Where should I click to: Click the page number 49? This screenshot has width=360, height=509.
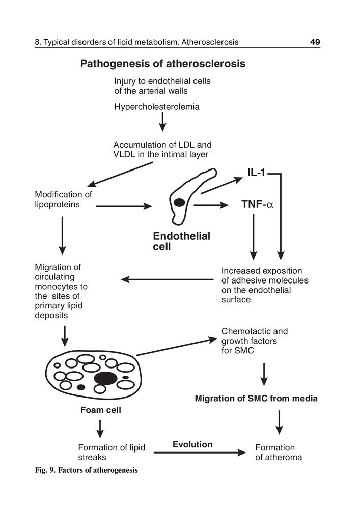coord(314,42)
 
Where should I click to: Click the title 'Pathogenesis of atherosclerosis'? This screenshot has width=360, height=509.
coord(163,64)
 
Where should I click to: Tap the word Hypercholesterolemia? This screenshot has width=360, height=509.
coord(156,107)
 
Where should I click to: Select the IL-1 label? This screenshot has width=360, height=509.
coord(256,173)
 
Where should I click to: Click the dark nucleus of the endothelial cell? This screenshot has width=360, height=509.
coord(179,202)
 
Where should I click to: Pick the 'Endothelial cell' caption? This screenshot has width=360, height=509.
coord(181,241)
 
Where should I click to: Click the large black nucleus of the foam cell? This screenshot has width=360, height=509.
coord(106,378)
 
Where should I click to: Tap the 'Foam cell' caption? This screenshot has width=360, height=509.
coord(101,410)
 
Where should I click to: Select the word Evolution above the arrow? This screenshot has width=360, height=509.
coord(192,444)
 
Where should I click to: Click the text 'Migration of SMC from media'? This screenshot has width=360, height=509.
coord(256,399)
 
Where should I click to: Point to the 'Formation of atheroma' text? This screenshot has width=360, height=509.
coord(278,452)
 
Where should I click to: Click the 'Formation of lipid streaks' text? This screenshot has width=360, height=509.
coord(112,452)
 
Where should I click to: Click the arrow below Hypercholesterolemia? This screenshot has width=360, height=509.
coord(162,123)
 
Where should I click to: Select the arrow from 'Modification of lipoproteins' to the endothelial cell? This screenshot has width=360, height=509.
coord(124,206)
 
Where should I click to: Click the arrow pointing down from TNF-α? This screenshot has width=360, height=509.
coord(253,237)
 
